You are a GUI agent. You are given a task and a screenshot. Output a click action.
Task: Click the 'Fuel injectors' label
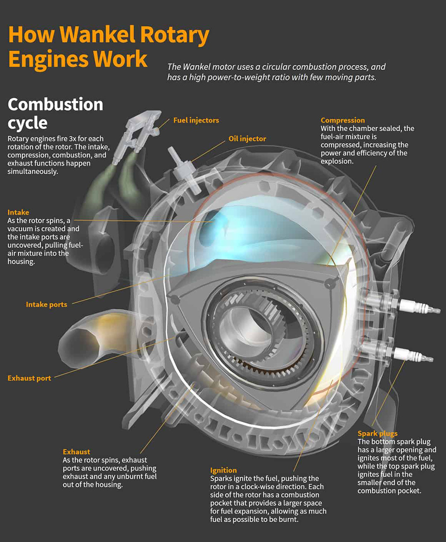[196, 120]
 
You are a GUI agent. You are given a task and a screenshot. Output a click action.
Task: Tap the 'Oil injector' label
[247, 139]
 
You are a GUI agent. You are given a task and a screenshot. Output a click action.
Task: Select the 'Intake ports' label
[46, 305]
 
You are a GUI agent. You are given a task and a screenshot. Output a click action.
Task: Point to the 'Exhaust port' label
[29, 378]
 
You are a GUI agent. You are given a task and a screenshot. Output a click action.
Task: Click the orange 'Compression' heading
[342, 120]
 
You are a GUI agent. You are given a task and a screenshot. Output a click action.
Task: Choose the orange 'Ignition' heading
[223, 470]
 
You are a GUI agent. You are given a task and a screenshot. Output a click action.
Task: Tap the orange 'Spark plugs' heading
[377, 433]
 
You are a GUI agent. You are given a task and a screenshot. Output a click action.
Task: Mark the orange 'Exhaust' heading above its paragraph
[76, 452]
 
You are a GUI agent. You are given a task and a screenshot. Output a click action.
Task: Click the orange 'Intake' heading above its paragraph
[18, 212]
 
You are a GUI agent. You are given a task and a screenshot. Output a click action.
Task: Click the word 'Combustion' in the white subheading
[55, 104]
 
